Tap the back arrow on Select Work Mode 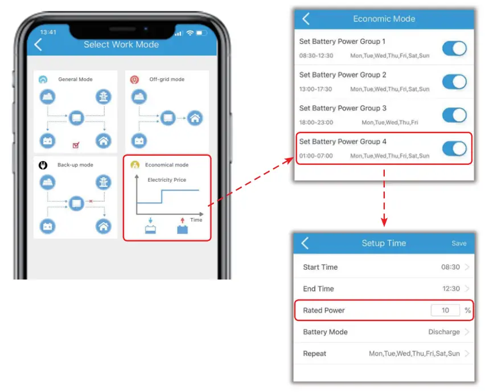(38, 45)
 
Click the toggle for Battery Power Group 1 (454, 48)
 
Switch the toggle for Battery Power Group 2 (454, 82)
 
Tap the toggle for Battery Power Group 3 (454, 115)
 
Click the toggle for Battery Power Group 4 (454, 149)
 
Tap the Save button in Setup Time (459, 243)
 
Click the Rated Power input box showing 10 (445, 310)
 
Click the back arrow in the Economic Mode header (306, 19)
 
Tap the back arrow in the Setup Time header (305, 243)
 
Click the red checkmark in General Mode (76, 145)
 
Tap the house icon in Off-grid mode (195, 118)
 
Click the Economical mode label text (166, 165)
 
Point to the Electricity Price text (167, 180)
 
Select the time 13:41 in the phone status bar (48, 32)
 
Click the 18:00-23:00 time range (316, 123)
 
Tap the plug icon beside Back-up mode (42, 165)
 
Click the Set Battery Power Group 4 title (343, 141)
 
